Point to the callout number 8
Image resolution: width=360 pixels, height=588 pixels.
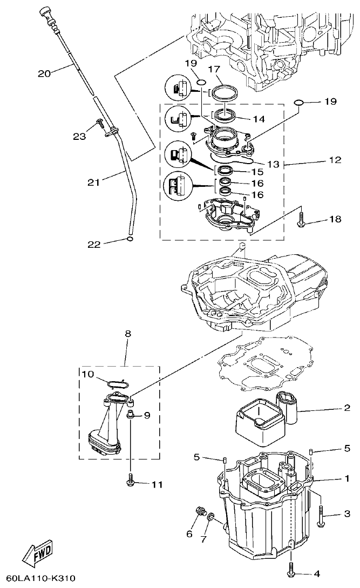[x=128, y=334]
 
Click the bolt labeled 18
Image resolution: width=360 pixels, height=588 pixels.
[x=302, y=219]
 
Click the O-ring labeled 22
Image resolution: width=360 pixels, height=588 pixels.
[x=128, y=238]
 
